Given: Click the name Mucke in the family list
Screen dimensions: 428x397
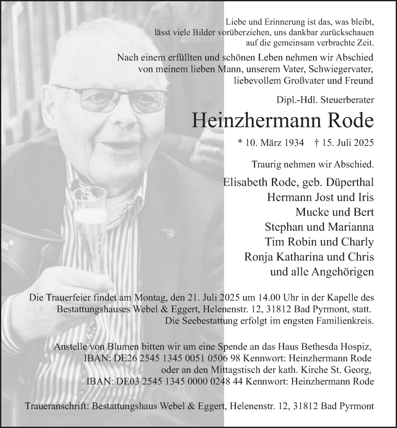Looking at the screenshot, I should (311, 212).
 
